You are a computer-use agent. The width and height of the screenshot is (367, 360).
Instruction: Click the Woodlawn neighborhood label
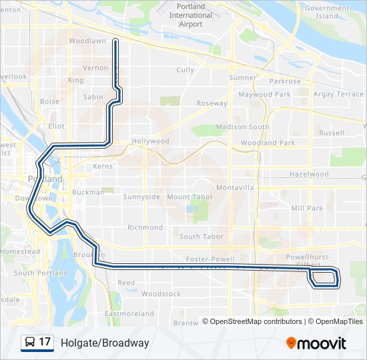click(87, 41)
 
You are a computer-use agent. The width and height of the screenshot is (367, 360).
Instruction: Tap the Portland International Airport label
click(190, 15)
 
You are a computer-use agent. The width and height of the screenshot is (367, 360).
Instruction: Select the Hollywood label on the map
click(150, 141)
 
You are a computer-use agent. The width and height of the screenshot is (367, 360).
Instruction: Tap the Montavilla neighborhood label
click(235, 188)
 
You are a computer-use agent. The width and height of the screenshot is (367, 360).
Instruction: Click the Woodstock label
click(161, 294)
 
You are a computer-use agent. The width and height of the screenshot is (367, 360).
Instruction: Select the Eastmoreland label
click(129, 313)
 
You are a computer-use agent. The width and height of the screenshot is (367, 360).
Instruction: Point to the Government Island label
click(327, 12)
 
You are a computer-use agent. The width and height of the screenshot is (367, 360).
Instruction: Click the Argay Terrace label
click(338, 95)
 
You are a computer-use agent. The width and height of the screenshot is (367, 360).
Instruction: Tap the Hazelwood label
click(309, 175)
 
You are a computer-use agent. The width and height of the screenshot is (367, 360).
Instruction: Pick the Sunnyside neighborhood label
click(141, 197)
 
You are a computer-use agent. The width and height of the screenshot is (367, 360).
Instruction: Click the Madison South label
click(243, 127)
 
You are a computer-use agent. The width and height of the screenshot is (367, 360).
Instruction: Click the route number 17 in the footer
click(45, 343)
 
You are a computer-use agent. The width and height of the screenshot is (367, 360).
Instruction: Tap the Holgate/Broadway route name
click(105, 343)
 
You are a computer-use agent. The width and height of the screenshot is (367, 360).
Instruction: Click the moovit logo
click(316, 343)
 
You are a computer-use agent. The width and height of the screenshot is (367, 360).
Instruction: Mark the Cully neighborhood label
click(185, 70)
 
